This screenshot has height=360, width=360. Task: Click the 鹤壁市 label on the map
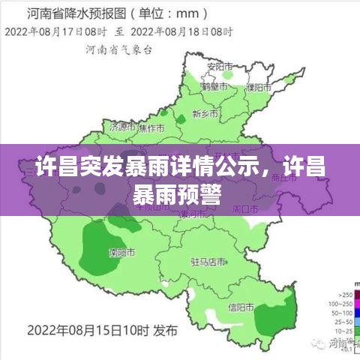[214, 87]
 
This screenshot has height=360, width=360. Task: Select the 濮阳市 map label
[259, 87]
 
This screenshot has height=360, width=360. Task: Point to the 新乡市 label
[205, 113]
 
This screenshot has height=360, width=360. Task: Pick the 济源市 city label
[123, 127]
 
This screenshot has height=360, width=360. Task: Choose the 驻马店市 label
[208, 262]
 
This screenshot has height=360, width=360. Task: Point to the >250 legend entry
[346, 294]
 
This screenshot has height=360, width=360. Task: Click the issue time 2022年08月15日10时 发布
[103, 329]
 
